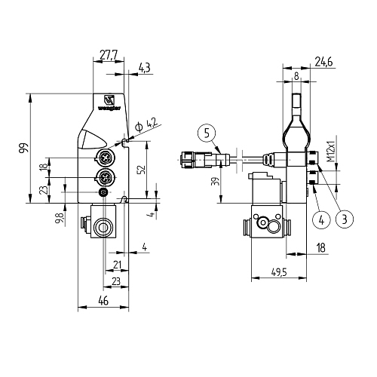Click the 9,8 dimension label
point(60,218)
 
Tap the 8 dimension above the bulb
point(296,75)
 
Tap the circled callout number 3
point(345,219)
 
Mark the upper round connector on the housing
point(105,158)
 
